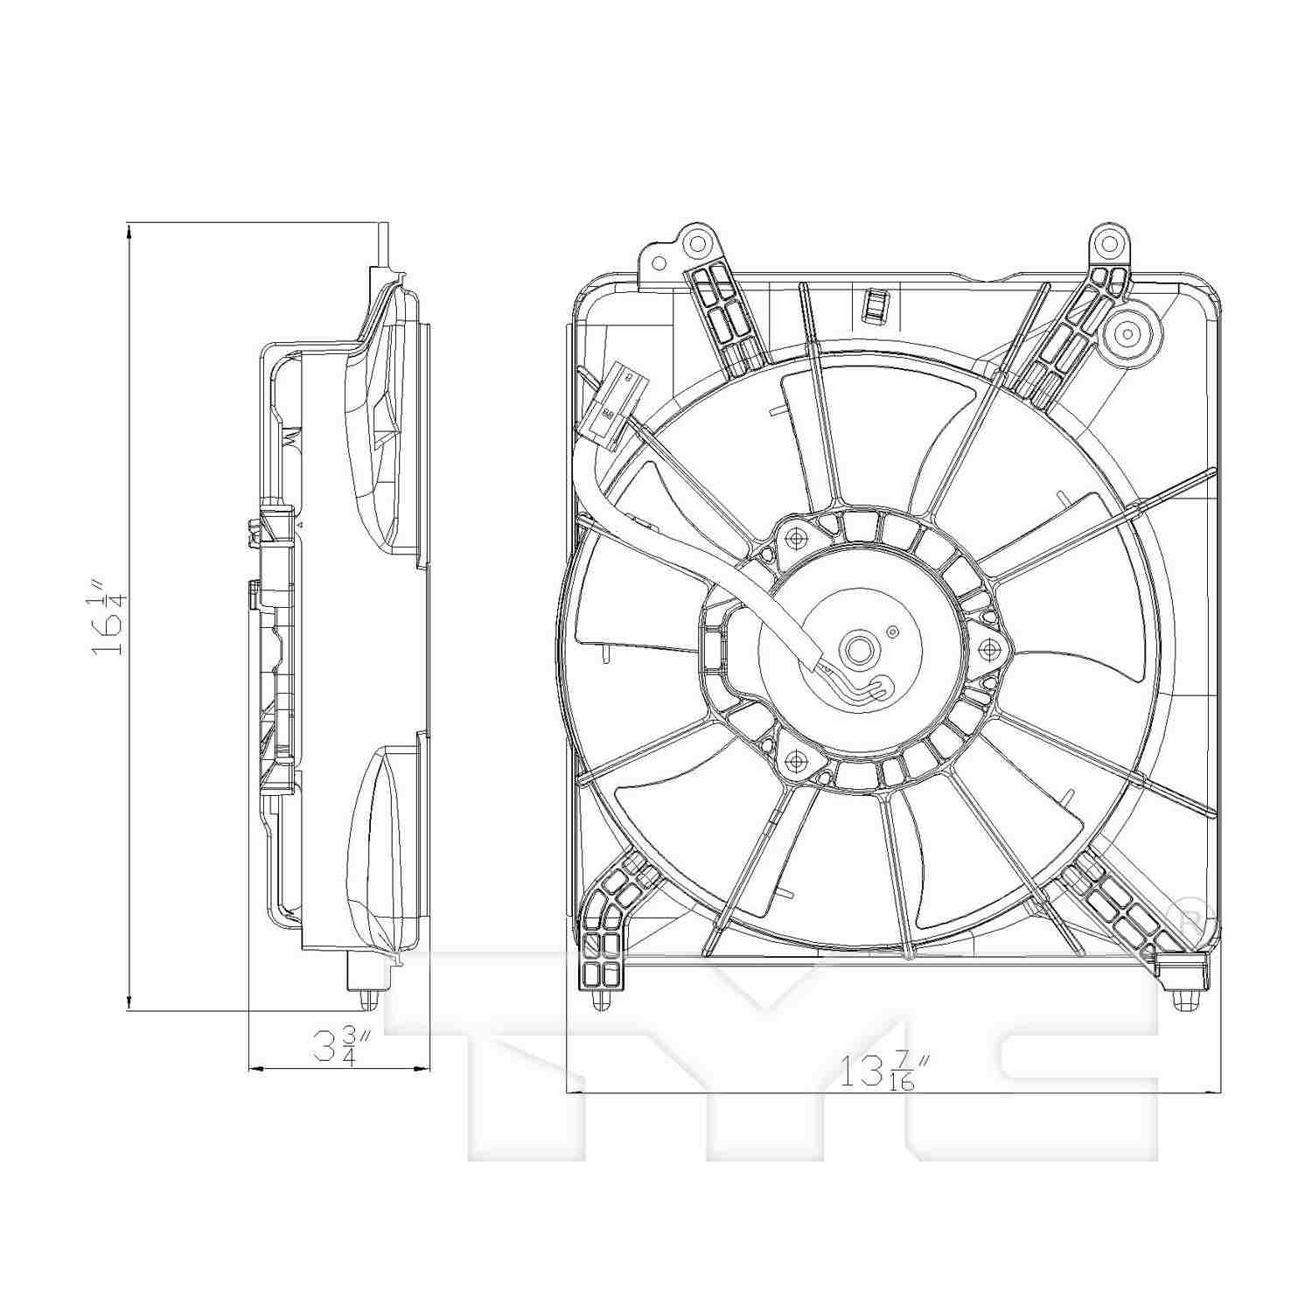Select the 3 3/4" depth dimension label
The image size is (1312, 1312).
[x=344, y=1045]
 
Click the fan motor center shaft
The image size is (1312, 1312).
[x=855, y=650]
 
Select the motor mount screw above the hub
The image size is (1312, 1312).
[x=795, y=536]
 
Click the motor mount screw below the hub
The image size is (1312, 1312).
[x=795, y=763]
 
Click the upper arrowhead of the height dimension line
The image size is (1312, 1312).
[x=129, y=230]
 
